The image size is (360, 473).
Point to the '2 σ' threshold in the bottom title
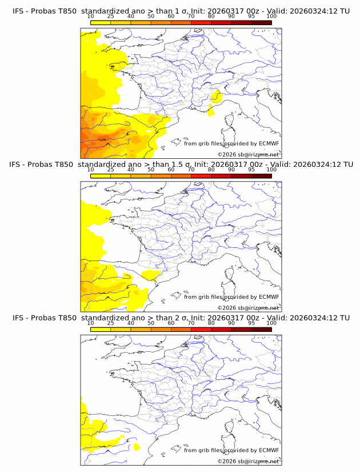coord(183,318)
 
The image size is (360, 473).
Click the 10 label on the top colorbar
coord(91,16)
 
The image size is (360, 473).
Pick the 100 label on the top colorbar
coord(271,16)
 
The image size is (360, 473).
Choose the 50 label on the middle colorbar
coord(151,170)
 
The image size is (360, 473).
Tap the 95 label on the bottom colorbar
coord(251,323)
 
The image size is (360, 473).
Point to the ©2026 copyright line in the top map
coord(248,154)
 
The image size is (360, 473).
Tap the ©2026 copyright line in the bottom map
coord(248,461)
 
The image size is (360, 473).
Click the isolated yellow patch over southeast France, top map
coord(216,98)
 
